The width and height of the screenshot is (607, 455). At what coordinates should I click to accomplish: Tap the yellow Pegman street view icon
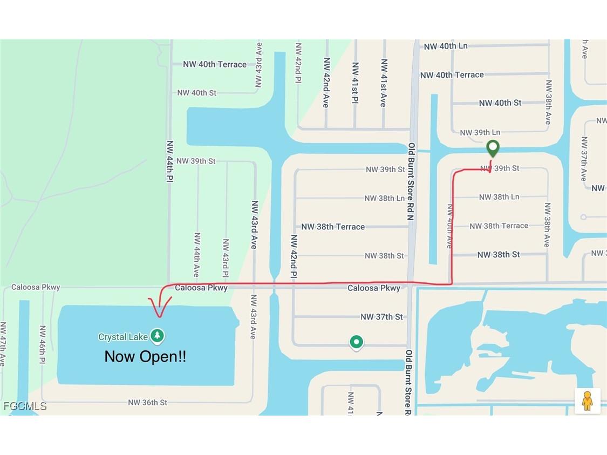[587, 400]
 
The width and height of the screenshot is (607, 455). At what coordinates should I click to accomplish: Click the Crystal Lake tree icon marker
[157, 336]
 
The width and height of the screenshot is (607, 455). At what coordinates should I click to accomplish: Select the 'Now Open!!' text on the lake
[145, 356]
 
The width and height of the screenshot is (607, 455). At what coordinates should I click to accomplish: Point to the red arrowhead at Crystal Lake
[159, 310]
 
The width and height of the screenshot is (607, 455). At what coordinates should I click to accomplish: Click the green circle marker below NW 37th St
[356, 342]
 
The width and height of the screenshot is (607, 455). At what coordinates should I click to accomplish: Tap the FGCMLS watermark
[25, 406]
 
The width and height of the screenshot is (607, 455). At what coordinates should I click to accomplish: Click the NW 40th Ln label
[446, 46]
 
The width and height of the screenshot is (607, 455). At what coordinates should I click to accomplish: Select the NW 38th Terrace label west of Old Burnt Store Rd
[333, 227]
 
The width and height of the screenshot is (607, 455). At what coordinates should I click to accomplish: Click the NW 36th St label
[147, 403]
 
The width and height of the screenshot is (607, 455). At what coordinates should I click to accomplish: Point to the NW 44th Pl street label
[169, 161]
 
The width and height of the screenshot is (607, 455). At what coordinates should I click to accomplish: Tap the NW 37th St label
[381, 317]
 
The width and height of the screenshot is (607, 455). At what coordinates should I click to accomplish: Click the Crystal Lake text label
[123, 337]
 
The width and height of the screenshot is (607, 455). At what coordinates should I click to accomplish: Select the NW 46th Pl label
[43, 344]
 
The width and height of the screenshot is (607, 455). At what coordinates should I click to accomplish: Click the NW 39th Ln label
[480, 132]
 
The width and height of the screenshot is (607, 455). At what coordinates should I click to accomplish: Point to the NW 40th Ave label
[449, 226]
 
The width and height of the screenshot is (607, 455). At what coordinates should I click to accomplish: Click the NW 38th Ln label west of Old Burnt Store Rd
[384, 198]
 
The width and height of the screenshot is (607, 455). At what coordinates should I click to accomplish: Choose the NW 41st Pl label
[355, 82]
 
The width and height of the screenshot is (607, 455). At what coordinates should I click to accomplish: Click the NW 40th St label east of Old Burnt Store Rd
[500, 103]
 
